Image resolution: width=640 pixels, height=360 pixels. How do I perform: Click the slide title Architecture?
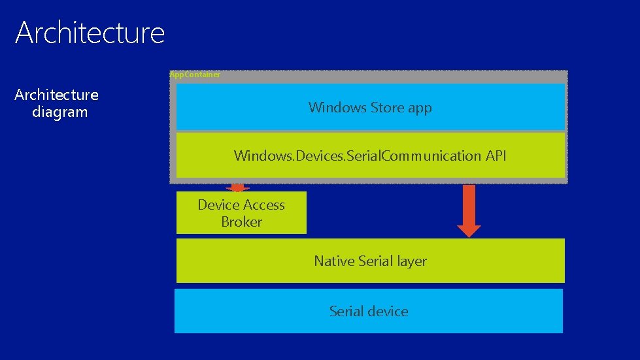[90, 33]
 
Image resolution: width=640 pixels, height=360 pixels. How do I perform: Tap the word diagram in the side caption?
[59, 112]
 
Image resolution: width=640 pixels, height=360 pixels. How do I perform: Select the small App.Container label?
[195, 74]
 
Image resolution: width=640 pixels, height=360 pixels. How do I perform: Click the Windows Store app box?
[370, 106]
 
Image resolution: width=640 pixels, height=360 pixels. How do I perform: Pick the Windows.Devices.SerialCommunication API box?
[370, 155]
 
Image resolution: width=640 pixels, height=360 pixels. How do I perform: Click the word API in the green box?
[496, 155]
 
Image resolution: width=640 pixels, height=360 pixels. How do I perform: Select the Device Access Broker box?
[241, 213]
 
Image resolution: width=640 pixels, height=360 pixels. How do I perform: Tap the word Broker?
[241, 222]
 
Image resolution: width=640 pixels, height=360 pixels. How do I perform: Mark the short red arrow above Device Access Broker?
[237, 188]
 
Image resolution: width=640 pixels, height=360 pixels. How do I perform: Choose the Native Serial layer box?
[370, 261]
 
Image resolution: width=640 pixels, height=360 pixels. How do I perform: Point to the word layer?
[412, 261]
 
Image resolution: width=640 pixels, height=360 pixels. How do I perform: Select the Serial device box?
[369, 311]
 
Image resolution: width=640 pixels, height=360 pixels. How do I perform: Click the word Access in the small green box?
[261, 205]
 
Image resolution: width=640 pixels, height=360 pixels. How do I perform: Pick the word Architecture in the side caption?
[56, 95]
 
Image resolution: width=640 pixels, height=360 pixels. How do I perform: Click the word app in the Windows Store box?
[420, 108]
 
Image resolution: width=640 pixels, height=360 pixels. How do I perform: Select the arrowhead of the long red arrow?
[469, 230]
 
